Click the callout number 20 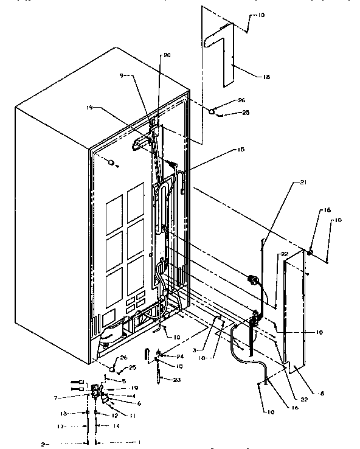[x=167, y=55]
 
